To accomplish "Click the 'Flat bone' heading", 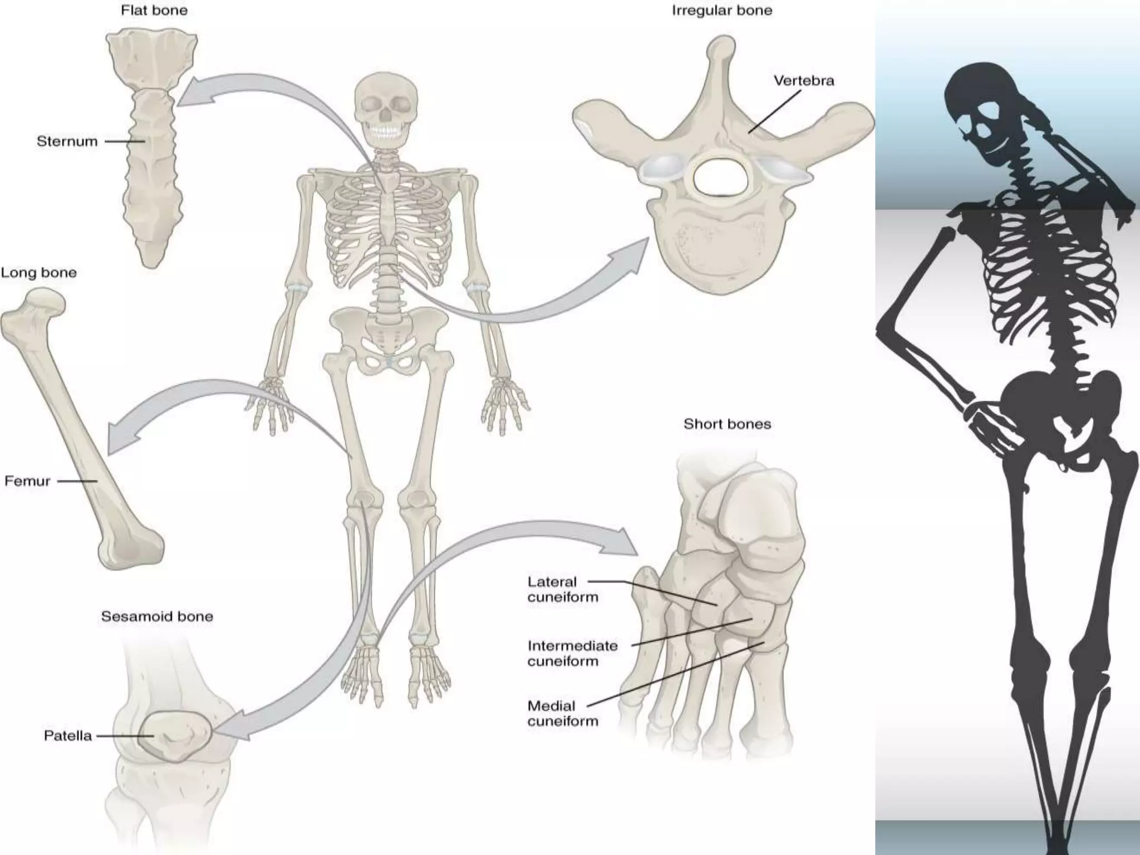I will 154,11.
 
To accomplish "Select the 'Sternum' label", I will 67,141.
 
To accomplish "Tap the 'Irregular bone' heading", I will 722,11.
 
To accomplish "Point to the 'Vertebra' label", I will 804,81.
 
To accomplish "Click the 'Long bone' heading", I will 38,273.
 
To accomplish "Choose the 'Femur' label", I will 27,481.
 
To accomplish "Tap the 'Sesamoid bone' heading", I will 157,616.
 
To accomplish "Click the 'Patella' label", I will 67,736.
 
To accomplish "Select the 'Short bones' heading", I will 727,424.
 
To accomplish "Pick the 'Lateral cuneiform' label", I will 562,589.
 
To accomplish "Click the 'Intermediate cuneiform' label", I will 572,653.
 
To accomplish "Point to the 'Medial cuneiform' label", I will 562,714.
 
